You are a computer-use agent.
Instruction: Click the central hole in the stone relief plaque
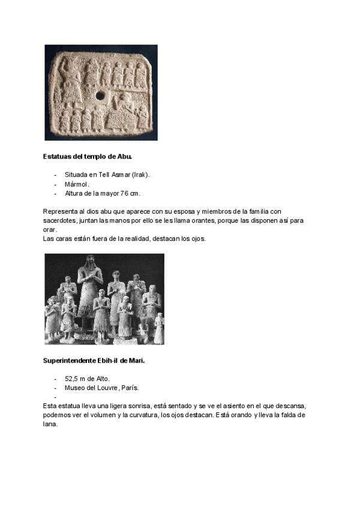(x=100, y=94)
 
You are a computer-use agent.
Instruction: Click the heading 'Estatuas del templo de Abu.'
(x=88, y=157)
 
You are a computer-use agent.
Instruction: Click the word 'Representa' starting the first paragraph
(x=59, y=211)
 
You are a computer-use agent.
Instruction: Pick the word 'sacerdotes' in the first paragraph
(x=59, y=220)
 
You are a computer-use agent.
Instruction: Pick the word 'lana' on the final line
(x=50, y=424)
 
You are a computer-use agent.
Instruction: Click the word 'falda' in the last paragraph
(x=286, y=415)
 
